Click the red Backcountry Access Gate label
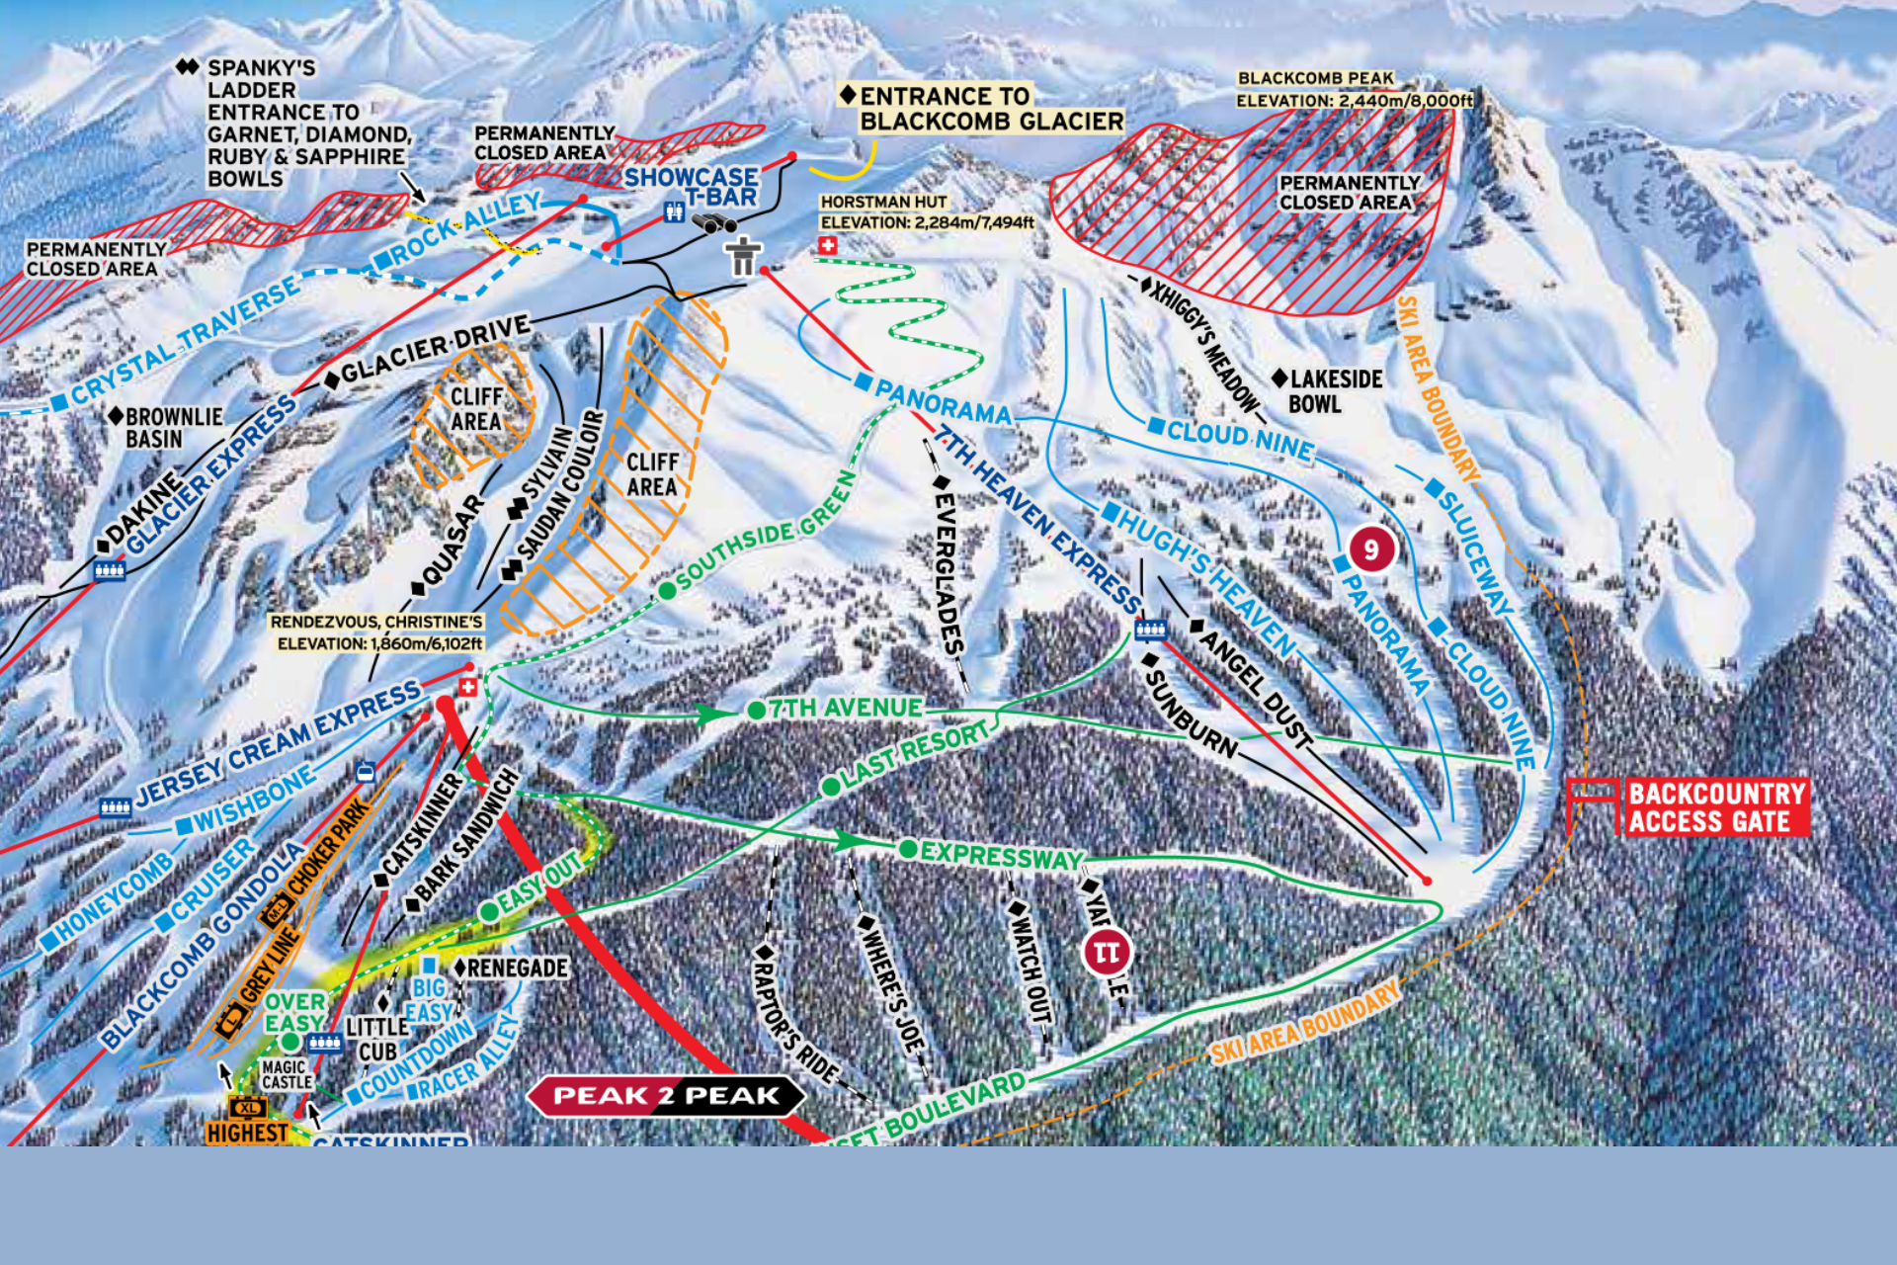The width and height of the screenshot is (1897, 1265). coord(1717,807)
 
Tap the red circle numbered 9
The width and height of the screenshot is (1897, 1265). coord(1371,548)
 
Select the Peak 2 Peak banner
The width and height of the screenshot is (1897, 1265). coord(667,1095)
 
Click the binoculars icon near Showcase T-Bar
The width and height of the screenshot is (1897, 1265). coord(712,224)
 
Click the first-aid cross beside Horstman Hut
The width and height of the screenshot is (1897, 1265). coord(828,245)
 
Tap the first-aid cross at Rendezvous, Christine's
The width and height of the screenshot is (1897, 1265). coord(468,687)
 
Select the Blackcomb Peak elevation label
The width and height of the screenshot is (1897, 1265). coord(1354,89)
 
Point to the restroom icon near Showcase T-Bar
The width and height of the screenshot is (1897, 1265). coord(674,211)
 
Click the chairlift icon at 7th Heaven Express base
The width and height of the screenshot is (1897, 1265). coord(1150,630)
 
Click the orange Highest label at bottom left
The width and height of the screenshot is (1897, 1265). coord(247,1133)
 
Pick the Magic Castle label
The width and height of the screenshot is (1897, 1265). coord(287,1074)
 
